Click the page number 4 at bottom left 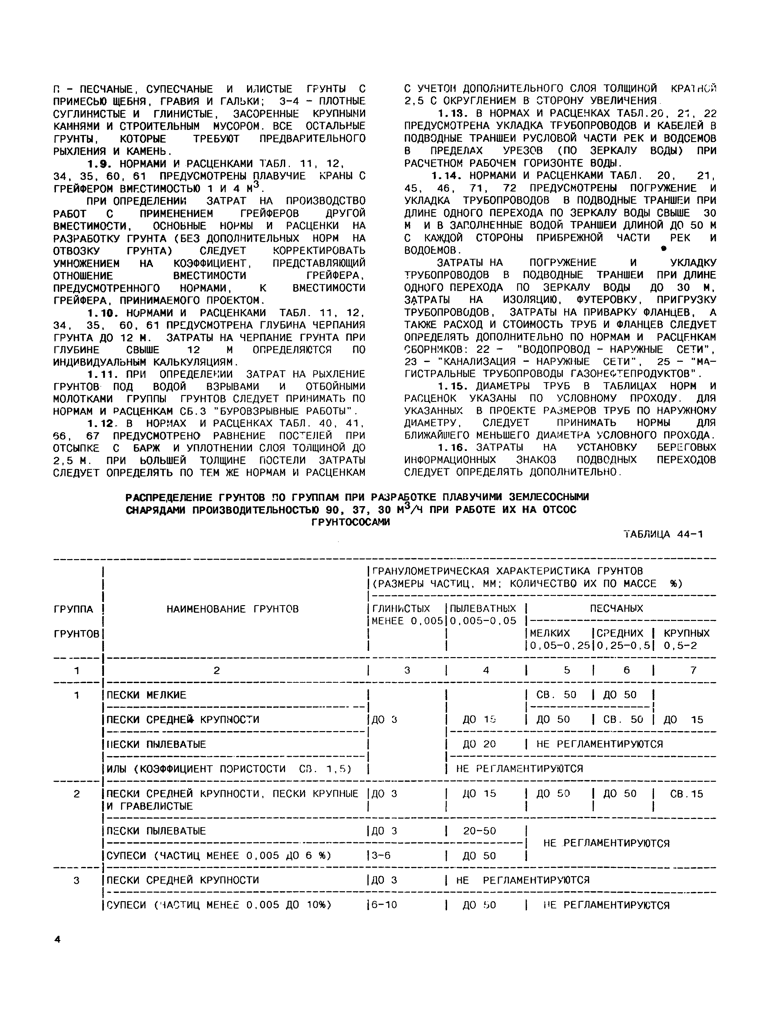click(57, 939)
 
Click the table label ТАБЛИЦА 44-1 click(663, 534)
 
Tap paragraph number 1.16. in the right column click(454, 447)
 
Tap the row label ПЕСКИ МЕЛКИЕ click(146, 695)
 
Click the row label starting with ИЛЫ click(229, 769)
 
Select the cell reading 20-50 click(480, 830)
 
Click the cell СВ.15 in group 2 click(686, 794)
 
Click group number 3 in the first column click(77, 880)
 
